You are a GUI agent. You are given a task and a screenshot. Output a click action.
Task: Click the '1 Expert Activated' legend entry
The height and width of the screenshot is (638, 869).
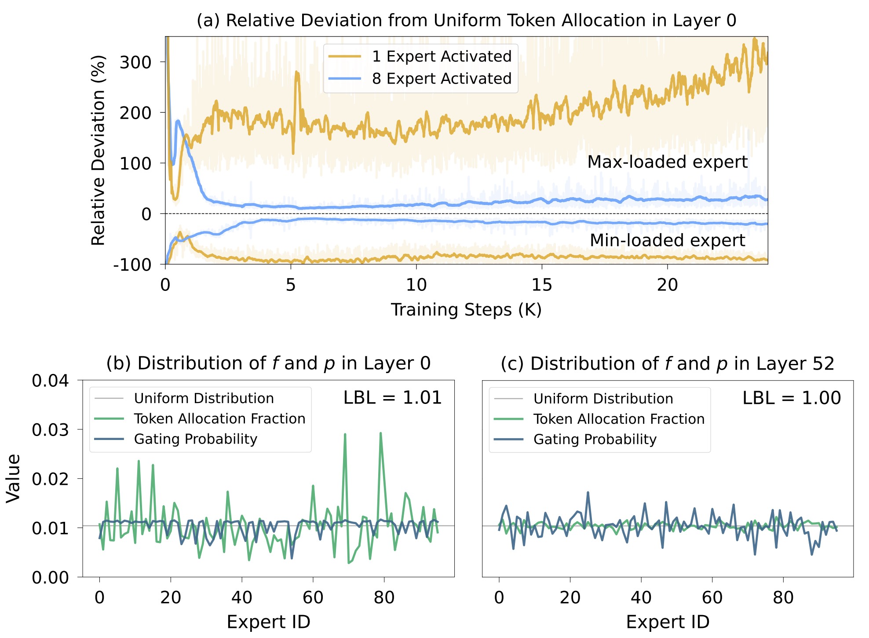pos(442,56)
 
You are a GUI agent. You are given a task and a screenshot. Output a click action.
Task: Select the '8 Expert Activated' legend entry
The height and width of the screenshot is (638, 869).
pos(442,79)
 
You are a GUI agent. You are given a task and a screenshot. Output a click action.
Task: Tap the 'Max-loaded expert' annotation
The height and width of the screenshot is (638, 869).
pos(667,162)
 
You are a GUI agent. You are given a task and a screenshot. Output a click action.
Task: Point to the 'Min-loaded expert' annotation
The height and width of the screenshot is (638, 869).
pos(667,241)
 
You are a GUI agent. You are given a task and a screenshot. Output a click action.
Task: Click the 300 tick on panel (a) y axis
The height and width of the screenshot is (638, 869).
pos(135,62)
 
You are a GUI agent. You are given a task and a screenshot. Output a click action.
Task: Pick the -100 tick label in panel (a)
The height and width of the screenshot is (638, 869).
pos(132,265)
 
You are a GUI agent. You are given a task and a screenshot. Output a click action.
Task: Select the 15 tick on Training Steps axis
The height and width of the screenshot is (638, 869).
pos(542,286)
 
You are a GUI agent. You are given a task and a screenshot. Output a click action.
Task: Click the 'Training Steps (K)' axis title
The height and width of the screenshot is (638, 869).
pos(466,310)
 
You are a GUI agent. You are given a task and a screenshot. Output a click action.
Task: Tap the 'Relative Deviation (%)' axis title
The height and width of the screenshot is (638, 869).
pos(98,150)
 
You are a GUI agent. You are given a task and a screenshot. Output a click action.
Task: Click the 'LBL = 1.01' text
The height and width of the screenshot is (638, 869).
pos(392,398)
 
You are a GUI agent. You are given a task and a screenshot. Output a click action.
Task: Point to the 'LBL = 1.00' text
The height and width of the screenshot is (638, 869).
pos(792,398)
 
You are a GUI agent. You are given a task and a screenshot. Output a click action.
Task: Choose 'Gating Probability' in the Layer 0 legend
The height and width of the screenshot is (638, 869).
pos(195,439)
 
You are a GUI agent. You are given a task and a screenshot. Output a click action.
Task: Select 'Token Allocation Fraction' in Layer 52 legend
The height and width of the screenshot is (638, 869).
pos(619,419)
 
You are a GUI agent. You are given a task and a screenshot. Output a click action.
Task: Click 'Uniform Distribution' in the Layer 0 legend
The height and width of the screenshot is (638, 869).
pos(204,399)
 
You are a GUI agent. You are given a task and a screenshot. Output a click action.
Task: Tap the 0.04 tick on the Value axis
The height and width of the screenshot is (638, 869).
pos(50,381)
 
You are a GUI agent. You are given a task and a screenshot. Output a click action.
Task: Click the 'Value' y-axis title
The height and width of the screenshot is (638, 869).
pos(13,478)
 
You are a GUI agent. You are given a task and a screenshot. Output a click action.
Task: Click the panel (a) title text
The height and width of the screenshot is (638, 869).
pos(466,21)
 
